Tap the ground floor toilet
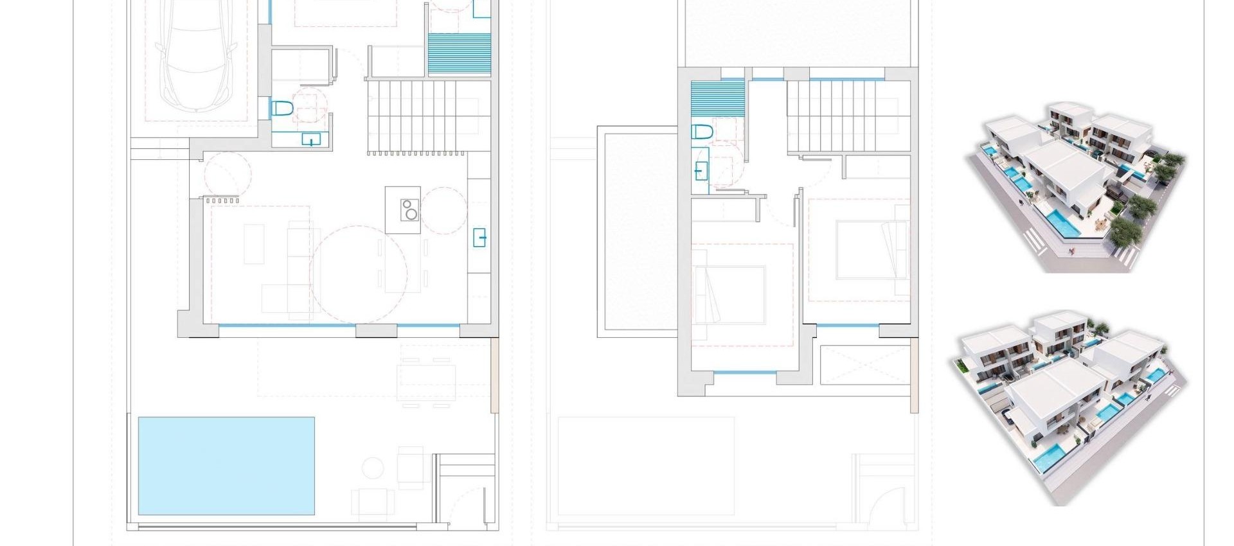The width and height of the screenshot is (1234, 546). tap(282, 108)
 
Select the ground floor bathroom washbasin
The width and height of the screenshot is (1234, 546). tap(311, 139)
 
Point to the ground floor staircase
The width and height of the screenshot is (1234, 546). tap(423, 116)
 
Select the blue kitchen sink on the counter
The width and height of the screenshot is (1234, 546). tap(479, 237)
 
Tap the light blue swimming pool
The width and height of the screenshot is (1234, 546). tap(226, 466)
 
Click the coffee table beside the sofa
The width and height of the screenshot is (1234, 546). tap(254, 243)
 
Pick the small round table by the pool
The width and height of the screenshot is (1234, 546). tap(373, 467)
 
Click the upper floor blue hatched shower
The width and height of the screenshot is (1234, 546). tap(718, 98)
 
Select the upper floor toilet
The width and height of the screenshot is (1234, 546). tap(702, 132)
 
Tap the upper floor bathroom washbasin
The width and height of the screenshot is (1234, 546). tap(701, 170)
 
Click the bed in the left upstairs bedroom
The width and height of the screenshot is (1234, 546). tap(729, 294)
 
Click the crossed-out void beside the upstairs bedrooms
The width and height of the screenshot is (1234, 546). tap(864, 365)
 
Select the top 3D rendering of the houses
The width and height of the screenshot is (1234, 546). tap(1075, 186)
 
